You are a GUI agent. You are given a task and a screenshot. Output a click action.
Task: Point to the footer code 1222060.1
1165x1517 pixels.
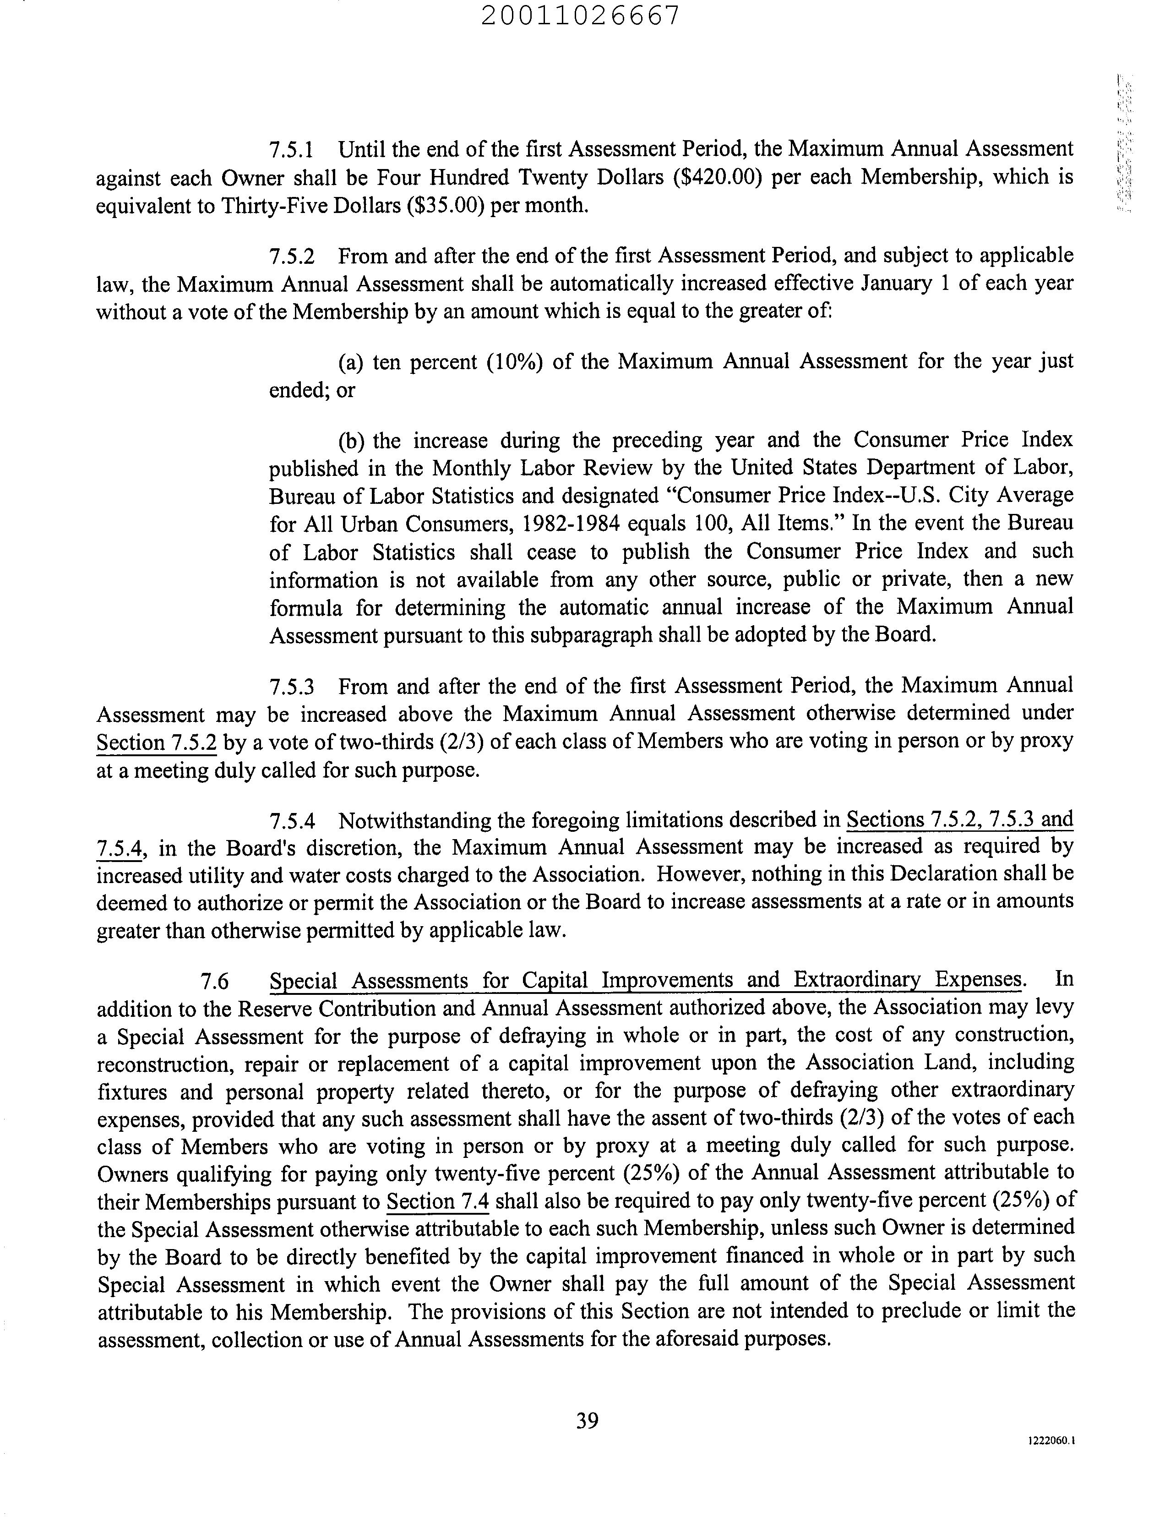[1051, 1441]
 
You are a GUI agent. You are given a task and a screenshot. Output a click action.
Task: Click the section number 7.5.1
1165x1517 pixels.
[291, 150]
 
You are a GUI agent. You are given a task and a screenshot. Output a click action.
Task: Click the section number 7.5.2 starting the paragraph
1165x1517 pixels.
[291, 256]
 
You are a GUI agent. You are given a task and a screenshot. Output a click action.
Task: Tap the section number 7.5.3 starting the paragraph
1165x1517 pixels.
[291, 687]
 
